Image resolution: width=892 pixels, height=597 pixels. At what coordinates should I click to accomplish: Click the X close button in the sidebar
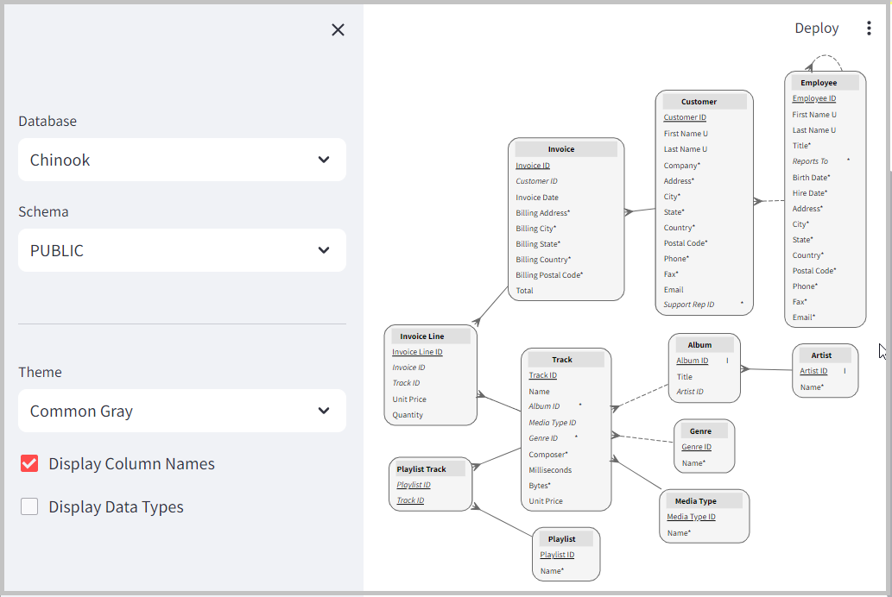338,30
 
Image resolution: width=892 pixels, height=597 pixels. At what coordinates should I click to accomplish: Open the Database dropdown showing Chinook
181,160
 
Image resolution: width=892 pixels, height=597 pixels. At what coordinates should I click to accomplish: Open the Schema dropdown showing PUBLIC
181,250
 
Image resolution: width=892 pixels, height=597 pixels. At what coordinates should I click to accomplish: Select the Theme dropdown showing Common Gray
181,411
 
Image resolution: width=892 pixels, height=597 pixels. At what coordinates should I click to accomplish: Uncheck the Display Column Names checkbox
29,464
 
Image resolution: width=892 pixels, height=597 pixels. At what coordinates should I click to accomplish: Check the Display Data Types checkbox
29,507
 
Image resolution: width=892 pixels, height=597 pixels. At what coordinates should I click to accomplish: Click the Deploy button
816,28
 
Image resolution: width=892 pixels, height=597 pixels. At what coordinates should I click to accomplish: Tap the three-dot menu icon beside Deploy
869,28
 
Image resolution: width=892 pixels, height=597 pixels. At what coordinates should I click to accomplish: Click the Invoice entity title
561,149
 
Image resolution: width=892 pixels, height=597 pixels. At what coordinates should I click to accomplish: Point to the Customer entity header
699,102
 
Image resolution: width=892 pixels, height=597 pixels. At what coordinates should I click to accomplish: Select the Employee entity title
819,83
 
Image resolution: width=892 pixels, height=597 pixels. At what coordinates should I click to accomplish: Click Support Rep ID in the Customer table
688,305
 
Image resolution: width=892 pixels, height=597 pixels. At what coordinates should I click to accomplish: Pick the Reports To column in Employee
810,161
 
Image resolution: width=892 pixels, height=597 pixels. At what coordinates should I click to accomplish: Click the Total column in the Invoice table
524,291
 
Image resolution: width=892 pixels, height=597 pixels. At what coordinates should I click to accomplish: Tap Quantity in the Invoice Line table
408,415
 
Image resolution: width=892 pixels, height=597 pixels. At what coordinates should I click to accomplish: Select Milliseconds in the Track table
549,470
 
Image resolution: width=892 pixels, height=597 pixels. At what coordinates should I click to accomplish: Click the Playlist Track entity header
421,469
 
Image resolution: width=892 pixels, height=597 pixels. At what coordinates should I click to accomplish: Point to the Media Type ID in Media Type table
691,517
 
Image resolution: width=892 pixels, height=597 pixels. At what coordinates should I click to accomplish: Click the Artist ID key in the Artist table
813,371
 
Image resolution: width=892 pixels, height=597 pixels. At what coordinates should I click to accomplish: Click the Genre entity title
700,430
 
